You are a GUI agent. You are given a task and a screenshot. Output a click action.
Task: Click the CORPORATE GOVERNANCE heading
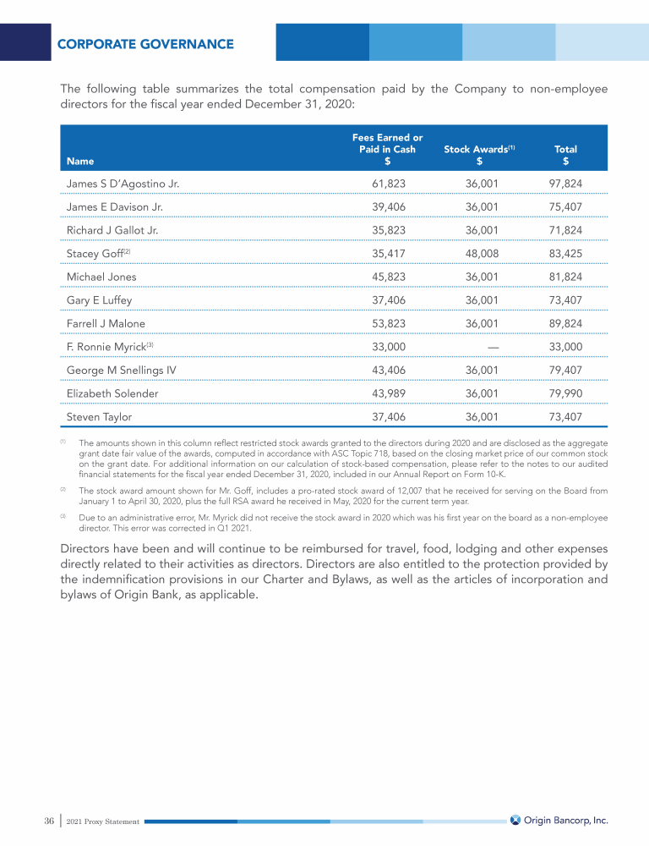(x=145, y=44)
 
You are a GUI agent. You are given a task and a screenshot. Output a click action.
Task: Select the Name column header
(x=80, y=161)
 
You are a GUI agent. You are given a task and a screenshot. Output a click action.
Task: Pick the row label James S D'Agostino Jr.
(x=123, y=184)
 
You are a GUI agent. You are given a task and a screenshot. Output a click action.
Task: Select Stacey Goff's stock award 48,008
(x=482, y=253)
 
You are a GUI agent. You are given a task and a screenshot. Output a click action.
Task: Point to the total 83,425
(x=565, y=253)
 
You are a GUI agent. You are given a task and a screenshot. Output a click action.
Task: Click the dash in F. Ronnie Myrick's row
(x=494, y=347)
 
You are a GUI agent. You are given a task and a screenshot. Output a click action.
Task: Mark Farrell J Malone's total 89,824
(x=565, y=323)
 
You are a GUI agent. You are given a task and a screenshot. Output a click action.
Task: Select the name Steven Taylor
(x=99, y=417)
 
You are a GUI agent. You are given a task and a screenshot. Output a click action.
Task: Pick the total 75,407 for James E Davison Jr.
(x=565, y=206)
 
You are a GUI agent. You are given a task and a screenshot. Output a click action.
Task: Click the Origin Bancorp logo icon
(x=515, y=820)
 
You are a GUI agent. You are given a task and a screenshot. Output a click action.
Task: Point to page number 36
(x=49, y=821)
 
